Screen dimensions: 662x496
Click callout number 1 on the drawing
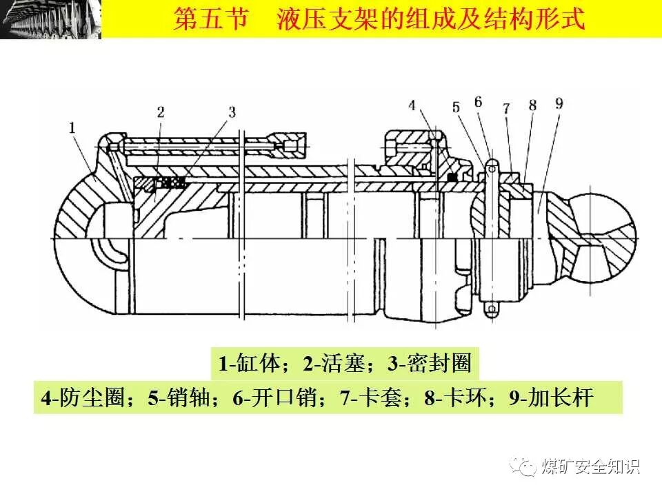(x=72, y=127)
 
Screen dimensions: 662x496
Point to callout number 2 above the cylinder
(x=160, y=111)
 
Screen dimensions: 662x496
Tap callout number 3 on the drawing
(x=232, y=111)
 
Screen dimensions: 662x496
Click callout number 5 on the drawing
(x=455, y=107)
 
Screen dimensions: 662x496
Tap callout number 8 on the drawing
(x=532, y=105)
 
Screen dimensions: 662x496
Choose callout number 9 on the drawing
(x=558, y=104)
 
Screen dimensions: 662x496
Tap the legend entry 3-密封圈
(x=428, y=363)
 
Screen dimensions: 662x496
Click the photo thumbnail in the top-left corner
(x=50, y=19)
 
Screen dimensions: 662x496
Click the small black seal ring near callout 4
(x=452, y=177)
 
